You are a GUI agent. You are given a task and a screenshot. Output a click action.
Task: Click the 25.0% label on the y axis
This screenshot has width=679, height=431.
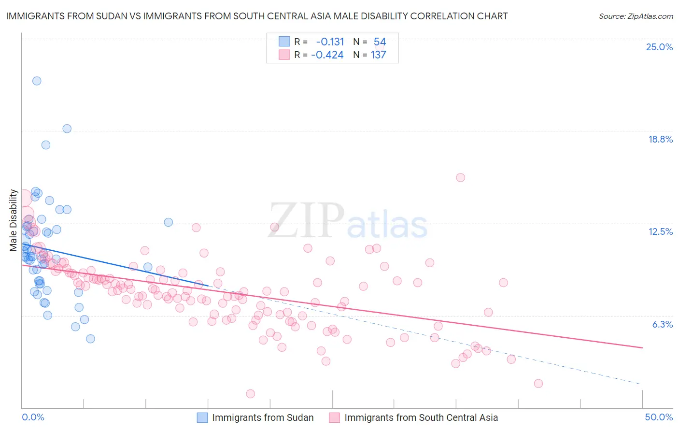point(659,47)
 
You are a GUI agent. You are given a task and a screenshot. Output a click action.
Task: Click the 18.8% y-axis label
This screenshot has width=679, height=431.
point(660,139)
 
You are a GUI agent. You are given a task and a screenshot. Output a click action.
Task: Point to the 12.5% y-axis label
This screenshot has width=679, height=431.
point(660,231)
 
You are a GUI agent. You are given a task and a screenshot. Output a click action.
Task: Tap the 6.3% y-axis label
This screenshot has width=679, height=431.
point(662,324)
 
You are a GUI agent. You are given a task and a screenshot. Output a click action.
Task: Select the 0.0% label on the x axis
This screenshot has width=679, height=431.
point(33,417)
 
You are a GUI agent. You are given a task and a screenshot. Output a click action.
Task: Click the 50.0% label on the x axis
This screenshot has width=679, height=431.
point(659,417)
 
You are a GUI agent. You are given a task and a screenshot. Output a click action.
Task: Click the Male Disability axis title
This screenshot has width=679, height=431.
point(14,220)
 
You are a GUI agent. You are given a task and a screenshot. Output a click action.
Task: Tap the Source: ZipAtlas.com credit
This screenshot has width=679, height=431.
point(636,16)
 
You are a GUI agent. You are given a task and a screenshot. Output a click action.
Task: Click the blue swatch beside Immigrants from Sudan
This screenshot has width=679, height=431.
point(202,417)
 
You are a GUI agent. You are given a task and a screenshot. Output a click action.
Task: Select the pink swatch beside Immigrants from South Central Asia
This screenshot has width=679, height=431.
point(335,417)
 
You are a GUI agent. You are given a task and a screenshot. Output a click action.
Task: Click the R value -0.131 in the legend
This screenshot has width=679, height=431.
point(330,42)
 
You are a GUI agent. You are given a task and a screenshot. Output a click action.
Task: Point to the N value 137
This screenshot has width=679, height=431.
point(378,55)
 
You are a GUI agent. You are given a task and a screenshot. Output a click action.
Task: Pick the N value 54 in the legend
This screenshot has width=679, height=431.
point(380,42)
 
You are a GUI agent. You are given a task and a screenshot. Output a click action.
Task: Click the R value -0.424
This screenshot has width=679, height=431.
point(327,55)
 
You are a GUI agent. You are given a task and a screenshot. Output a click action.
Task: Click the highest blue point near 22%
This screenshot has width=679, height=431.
point(37,81)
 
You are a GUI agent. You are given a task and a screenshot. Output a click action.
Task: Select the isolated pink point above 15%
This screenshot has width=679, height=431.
point(460,177)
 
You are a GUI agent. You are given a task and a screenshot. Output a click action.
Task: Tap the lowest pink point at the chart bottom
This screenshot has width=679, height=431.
point(250,394)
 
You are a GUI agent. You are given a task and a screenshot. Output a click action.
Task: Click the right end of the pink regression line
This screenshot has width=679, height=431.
point(642,347)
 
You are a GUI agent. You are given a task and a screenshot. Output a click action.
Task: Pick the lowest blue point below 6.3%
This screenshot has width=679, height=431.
point(90,339)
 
